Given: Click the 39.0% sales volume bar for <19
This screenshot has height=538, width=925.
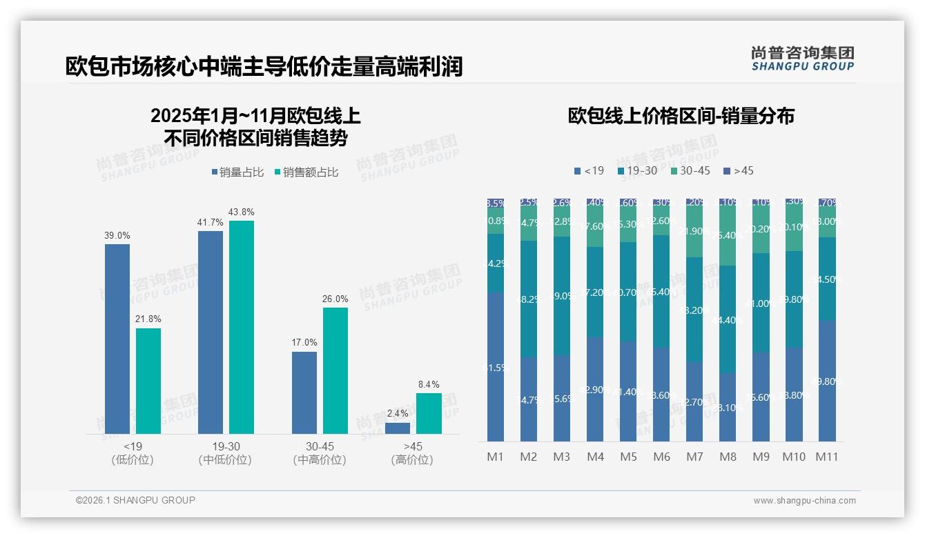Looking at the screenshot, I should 117,339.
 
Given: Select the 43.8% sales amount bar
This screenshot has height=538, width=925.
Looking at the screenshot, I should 242,327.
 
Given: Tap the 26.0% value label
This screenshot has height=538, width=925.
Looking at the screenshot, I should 335,299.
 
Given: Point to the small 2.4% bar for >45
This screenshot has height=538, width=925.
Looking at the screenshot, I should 398,428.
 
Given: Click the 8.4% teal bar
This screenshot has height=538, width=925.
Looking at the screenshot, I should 429,413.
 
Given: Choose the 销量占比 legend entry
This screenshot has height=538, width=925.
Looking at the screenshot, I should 237,172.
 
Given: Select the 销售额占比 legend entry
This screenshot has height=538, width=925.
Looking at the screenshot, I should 306,172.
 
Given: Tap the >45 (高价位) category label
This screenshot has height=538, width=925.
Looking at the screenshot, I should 412,453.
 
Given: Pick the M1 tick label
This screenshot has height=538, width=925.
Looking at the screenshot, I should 495,457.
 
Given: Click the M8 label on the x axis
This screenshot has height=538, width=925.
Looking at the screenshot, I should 728,457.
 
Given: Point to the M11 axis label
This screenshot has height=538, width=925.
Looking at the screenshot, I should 827,457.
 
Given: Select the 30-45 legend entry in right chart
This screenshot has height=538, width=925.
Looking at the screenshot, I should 690,170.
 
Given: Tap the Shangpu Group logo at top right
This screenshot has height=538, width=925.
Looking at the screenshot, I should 802,59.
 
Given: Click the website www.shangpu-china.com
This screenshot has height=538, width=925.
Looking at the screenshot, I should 804,501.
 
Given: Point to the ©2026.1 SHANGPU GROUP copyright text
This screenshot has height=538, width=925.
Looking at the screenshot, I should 135,500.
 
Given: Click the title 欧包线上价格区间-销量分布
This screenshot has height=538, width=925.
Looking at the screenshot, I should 681,116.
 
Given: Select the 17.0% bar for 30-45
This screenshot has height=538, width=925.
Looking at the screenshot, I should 304,392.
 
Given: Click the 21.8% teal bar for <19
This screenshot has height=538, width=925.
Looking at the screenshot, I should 148,381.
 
